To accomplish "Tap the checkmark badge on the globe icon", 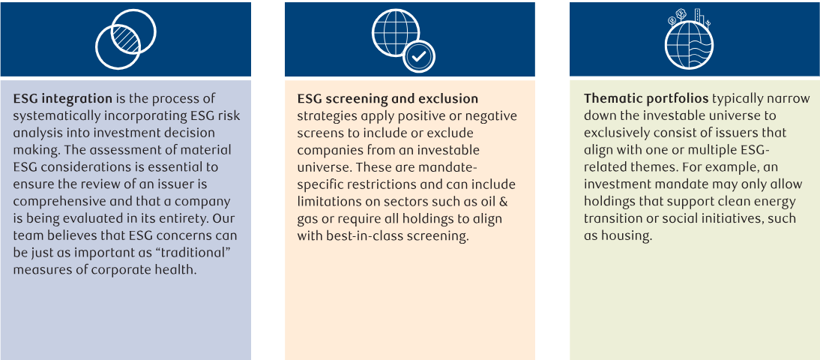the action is pos(419,57).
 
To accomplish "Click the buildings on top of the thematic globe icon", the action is pos(699,16).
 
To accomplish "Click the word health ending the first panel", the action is pos(175,271).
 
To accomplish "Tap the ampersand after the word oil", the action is pos(510,202).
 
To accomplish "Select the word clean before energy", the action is pos(729,202).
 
